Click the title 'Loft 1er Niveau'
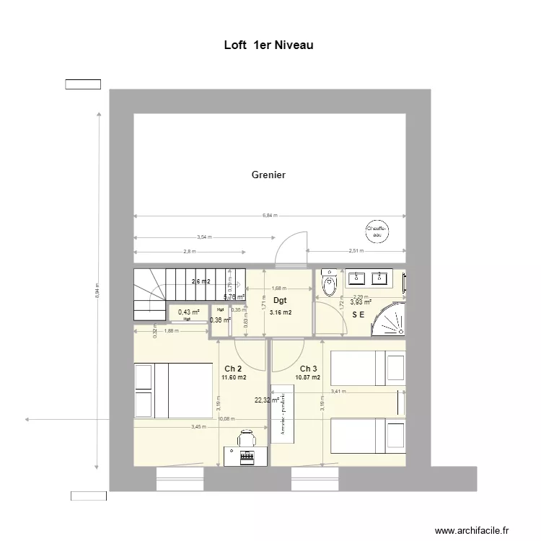point(268,45)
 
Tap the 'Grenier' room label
point(268,175)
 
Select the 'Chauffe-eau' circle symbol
point(377,230)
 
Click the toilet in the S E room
point(330,283)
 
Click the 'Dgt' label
point(280,300)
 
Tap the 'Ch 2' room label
point(233,369)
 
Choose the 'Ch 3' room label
point(309,369)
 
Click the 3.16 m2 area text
point(280,313)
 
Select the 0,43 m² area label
point(188,312)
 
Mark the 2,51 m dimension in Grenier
point(356,251)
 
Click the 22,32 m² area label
point(266,400)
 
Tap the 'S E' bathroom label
point(359,315)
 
